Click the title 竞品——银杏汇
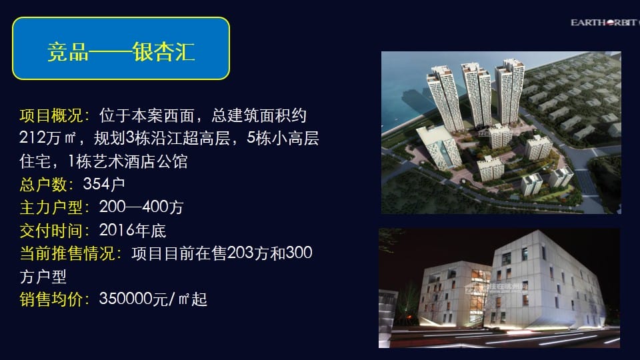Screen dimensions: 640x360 coord(121,52)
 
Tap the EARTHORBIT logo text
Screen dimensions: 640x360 coord(605,23)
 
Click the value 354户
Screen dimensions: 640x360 coord(104,184)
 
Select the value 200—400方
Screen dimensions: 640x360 coord(141,207)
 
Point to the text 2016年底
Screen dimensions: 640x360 coord(133,231)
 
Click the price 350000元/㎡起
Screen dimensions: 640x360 coord(153,299)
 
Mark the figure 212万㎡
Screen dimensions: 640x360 coord(48,139)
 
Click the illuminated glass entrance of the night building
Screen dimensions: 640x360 coord(479,295)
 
